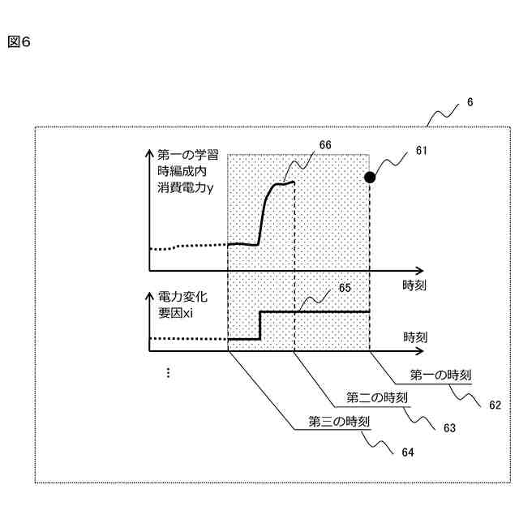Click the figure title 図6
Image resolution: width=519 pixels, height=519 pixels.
pos(19,41)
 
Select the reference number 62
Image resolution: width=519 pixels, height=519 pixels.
pos(495,404)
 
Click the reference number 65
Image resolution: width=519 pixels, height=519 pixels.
pos(345,287)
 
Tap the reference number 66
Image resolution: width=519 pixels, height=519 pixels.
pos(325,144)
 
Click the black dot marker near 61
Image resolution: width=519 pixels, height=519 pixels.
pos(370,177)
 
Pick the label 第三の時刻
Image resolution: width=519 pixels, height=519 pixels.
pos(340,421)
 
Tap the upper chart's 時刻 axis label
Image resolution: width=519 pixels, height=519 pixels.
pos(415,285)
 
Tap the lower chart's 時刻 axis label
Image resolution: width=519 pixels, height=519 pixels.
pos(415,335)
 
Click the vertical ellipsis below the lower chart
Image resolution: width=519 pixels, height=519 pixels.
pos(168,372)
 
